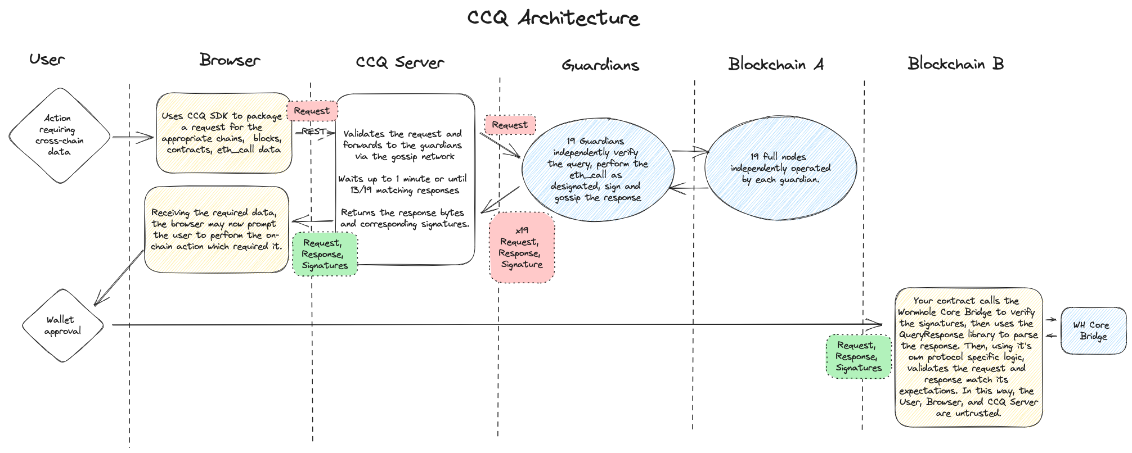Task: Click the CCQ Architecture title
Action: click(553, 18)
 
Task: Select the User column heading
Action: click(47, 60)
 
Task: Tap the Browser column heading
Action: click(230, 60)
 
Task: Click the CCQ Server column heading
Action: click(400, 62)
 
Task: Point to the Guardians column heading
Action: click(600, 65)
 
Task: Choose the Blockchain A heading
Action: click(775, 64)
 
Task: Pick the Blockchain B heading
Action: click(955, 64)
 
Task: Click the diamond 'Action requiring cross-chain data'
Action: click(59, 135)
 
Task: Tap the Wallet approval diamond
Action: click(63, 325)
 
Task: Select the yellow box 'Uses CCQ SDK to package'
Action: click(223, 133)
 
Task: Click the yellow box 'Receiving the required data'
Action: click(216, 230)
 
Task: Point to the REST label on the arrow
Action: click(313, 132)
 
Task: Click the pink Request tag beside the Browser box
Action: click(312, 111)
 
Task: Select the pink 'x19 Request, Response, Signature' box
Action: click(522, 247)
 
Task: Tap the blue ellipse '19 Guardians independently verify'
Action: click(597, 169)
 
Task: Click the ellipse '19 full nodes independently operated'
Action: click(780, 168)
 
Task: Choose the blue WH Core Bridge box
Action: click(1093, 330)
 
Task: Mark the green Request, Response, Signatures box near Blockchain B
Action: click(858, 356)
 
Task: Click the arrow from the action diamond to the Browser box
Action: click(133, 137)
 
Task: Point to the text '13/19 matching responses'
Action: click(404, 191)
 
